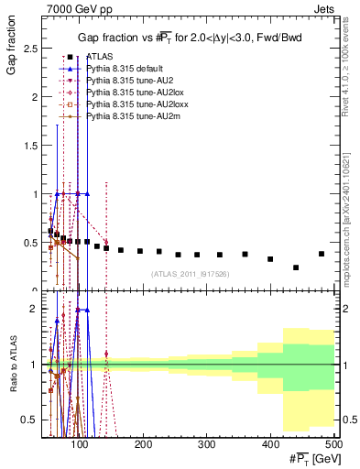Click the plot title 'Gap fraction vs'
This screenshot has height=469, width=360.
pyautogui.click(x=118, y=36)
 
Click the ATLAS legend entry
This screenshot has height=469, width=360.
pyautogui.click(x=102, y=57)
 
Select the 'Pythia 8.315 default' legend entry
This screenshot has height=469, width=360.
pyautogui.click(x=129, y=69)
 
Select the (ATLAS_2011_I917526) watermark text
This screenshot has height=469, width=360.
pyautogui.click(x=190, y=274)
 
